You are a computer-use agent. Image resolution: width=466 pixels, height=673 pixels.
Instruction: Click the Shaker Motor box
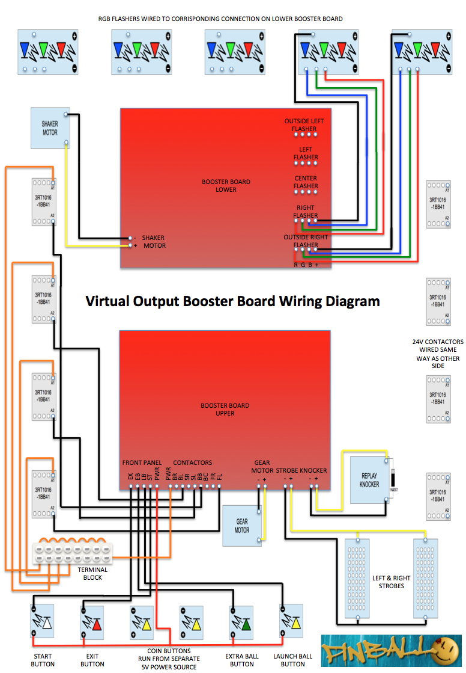50,128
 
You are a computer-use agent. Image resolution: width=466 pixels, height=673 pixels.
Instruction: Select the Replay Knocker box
369,479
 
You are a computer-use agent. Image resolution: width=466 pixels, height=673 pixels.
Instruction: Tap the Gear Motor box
242,526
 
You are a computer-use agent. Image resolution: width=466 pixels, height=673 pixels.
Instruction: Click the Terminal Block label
92,574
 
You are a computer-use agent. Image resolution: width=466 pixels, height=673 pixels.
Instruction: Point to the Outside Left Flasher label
304,125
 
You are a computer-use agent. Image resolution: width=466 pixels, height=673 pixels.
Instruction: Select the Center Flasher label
306,182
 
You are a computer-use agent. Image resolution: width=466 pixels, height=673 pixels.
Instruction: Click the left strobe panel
359,579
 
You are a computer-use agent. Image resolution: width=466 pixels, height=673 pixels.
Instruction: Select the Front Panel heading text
142,462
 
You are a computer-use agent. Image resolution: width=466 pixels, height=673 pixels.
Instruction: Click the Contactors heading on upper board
192,462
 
